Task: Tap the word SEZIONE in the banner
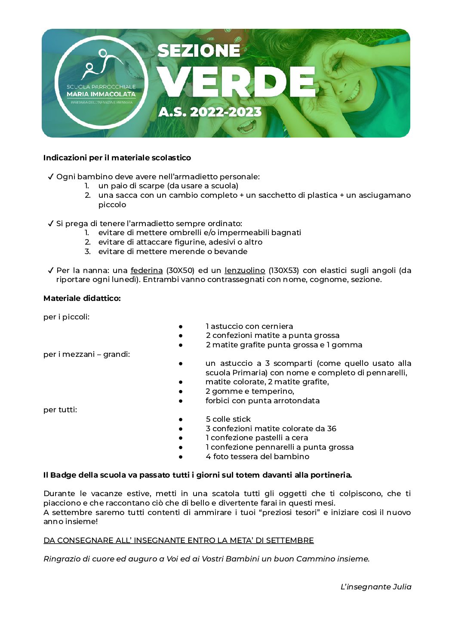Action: [199, 51]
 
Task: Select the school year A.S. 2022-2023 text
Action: [210, 112]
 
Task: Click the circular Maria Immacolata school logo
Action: [101, 82]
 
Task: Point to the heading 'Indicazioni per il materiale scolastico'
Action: [117, 158]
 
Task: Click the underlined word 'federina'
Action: [147, 270]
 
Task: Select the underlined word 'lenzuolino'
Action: [245, 270]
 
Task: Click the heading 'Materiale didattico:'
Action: [82, 298]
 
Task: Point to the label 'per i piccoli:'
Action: [67, 317]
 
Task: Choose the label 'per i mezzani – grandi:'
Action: [86, 354]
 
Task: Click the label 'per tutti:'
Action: [60, 410]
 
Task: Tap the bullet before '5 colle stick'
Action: [181, 419]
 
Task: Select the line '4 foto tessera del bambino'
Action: [257, 457]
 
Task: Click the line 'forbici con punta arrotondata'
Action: [262, 401]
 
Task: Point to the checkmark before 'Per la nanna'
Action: [50, 270]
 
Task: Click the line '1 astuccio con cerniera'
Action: [249, 326]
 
